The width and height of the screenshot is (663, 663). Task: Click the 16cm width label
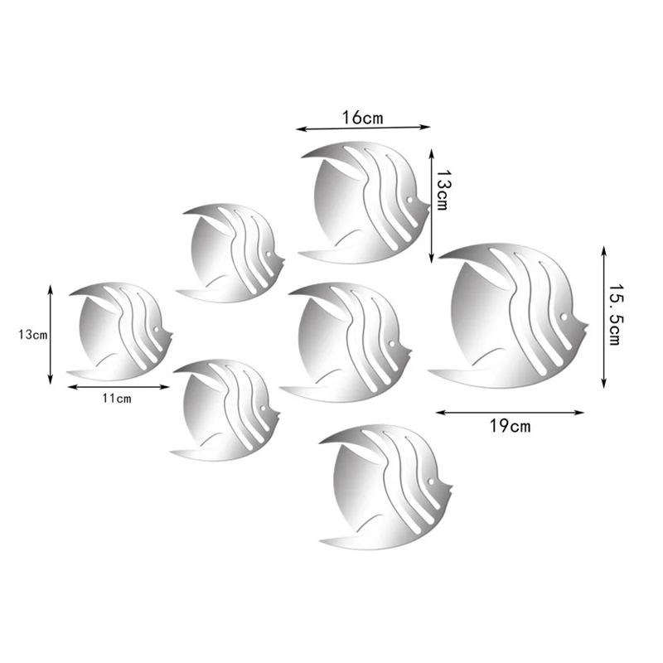click(362, 118)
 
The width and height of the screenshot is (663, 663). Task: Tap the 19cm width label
click(510, 426)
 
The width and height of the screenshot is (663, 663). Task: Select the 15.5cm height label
click(614, 314)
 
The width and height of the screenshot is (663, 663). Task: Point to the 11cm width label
click(116, 399)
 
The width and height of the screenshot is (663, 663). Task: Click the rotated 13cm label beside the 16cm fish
click(443, 190)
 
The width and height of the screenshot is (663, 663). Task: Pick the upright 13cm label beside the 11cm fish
click(32, 335)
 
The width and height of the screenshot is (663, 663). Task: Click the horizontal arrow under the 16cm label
click(363, 128)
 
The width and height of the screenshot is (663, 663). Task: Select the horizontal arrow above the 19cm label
click(510, 412)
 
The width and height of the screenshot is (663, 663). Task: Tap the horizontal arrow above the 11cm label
click(119, 387)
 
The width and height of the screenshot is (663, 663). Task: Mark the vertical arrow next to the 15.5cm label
click(603, 317)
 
